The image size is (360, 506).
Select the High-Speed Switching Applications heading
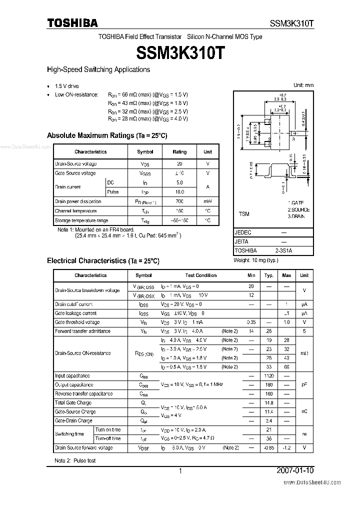(98, 70)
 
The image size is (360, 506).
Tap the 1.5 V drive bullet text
(67, 86)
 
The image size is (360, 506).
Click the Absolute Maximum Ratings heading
(106, 135)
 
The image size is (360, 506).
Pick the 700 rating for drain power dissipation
(179, 201)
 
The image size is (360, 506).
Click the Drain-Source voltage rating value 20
(179, 164)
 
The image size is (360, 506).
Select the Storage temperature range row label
(81, 220)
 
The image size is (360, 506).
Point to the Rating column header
(179, 152)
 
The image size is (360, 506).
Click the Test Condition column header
(200, 275)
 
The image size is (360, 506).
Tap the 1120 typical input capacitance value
(269, 376)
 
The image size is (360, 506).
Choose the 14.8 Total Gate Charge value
(269, 403)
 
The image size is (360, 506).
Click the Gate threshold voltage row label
(77, 322)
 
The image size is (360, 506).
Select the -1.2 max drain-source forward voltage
(286, 447)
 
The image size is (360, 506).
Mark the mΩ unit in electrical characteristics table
(304, 353)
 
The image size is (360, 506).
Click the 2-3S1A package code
(283, 250)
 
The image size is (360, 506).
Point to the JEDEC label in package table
(243, 233)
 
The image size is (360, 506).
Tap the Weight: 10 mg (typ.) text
(255, 260)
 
